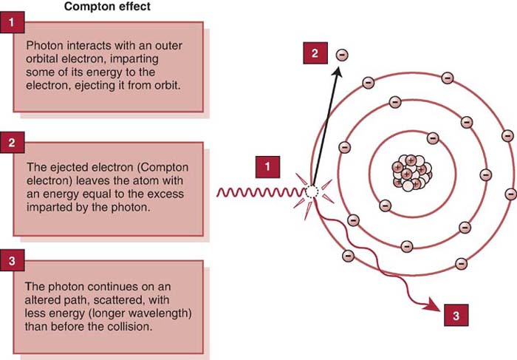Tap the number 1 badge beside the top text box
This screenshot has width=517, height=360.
point(11,23)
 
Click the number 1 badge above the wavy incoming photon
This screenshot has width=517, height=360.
point(267,167)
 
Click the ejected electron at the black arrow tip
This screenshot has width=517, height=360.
point(341,55)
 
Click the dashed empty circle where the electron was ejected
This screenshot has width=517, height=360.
point(312,191)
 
